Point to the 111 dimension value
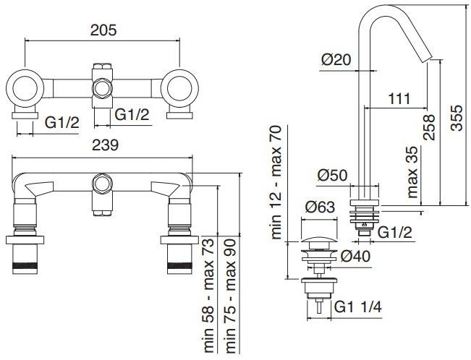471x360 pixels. click(399, 98)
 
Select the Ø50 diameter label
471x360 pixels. click(334, 174)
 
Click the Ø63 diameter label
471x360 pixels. click(321, 208)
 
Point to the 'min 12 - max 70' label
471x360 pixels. click(277, 181)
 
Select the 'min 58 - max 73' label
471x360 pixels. click(207, 293)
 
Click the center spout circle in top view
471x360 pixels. click(103, 89)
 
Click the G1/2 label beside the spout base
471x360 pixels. click(394, 232)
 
